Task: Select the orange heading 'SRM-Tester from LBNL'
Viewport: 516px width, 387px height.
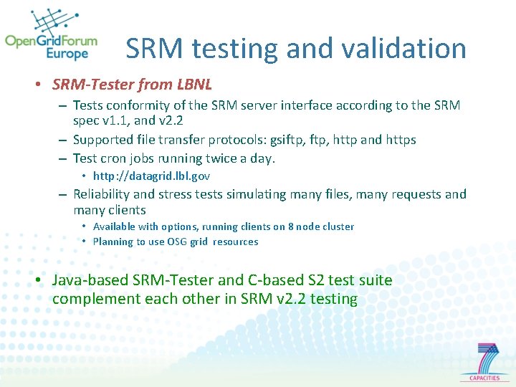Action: click(132, 85)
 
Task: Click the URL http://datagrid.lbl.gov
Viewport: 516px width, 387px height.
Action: click(151, 176)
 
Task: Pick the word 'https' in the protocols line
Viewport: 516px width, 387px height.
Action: click(399, 140)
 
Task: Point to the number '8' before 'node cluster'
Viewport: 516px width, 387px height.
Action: click(290, 226)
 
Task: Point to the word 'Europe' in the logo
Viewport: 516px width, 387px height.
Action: click(67, 54)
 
